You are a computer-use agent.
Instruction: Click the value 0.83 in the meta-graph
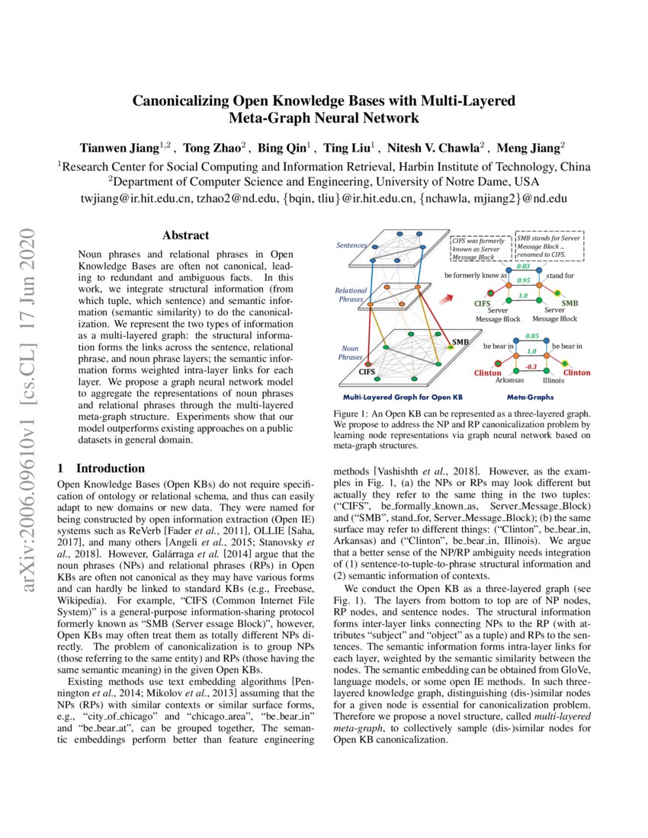(x=523, y=267)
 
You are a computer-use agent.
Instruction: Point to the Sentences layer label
(x=352, y=246)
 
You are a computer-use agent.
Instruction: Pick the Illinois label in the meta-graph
(x=553, y=379)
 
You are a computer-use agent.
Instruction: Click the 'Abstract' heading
(x=185, y=236)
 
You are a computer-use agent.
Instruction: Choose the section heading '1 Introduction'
(x=101, y=469)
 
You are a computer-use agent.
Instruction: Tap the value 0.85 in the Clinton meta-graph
(x=533, y=336)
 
